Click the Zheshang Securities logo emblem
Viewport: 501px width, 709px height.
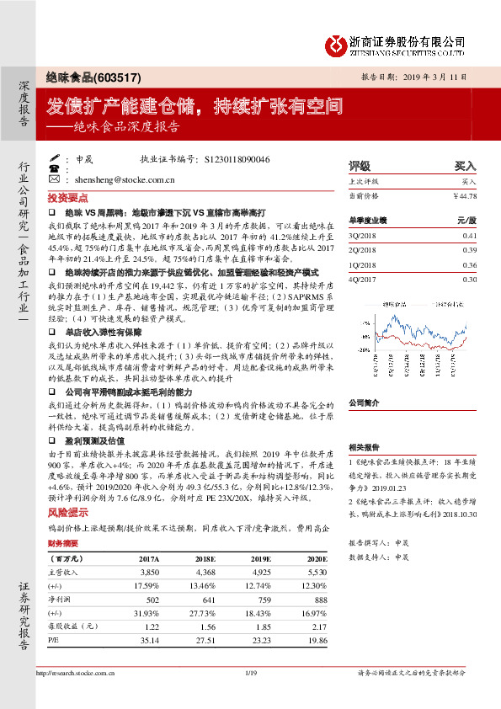[x=338, y=44]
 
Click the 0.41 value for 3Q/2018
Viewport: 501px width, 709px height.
[x=470, y=237]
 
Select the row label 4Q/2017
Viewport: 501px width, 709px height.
[x=362, y=279]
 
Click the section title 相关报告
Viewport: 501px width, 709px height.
[x=363, y=447]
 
